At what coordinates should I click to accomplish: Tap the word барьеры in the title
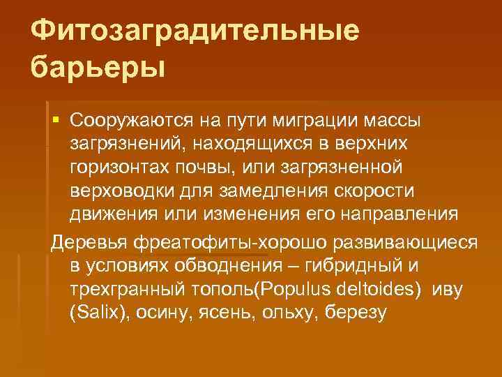99,69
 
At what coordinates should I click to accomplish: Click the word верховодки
124,191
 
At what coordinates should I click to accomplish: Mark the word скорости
377,191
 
